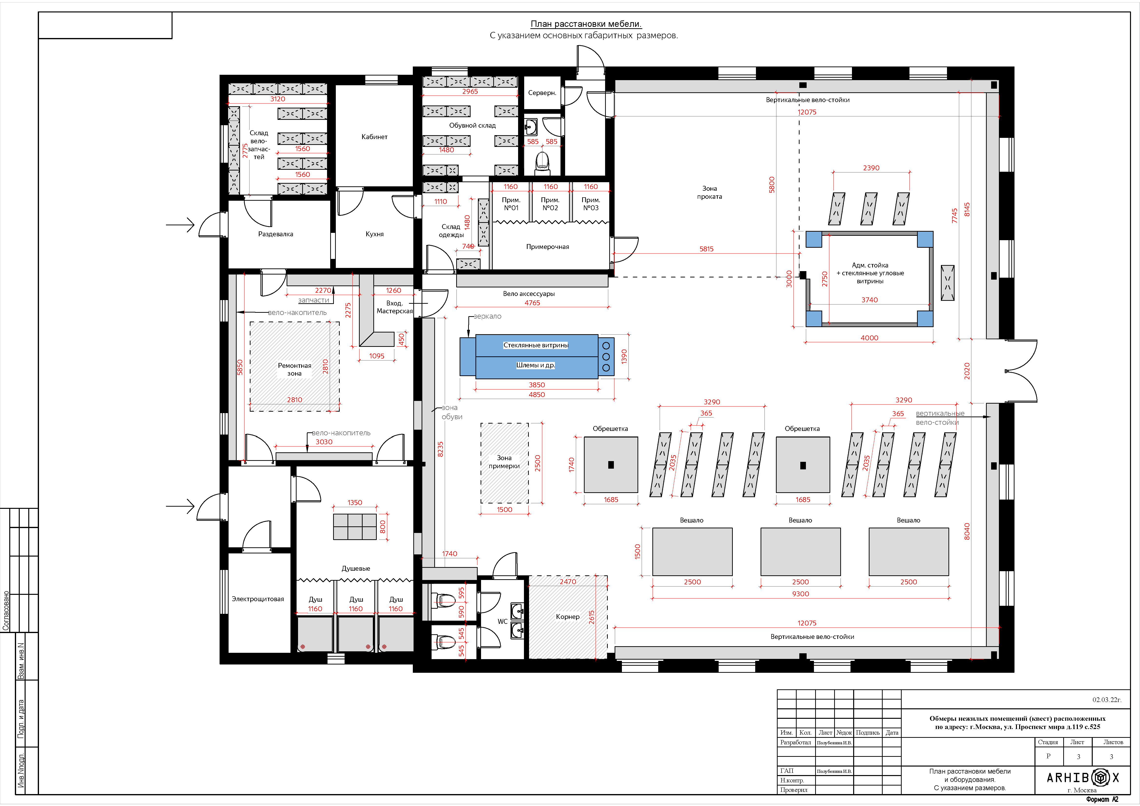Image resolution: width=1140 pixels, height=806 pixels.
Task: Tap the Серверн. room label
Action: click(x=542, y=93)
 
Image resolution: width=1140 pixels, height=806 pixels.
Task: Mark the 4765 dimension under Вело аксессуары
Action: click(x=532, y=303)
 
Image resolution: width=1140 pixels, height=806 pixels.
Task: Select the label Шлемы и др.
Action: click(x=536, y=365)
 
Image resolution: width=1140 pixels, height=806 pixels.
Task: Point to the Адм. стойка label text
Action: click(x=870, y=265)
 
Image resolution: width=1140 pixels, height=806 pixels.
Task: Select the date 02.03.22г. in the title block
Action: click(x=1107, y=700)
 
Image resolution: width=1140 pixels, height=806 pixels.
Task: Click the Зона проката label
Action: click(x=710, y=193)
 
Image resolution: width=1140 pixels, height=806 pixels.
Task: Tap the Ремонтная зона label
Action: click(x=294, y=369)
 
